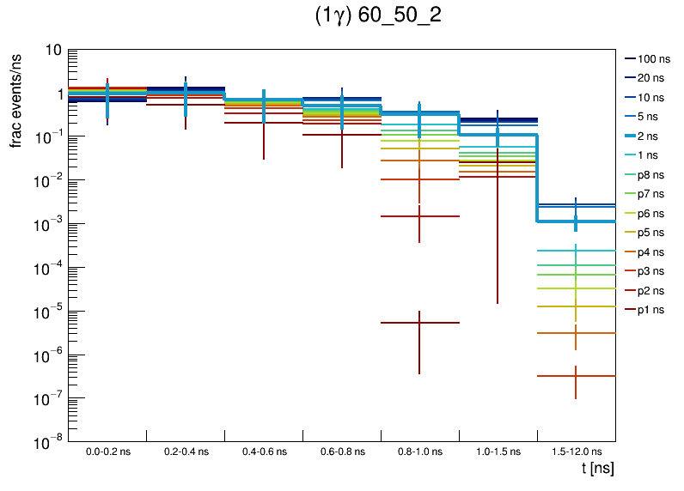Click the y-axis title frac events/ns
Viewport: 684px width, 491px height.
[16, 99]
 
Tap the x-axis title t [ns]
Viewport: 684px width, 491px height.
[596, 469]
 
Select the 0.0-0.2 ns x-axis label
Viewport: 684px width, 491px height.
[107, 452]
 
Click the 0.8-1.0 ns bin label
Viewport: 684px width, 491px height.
[419, 452]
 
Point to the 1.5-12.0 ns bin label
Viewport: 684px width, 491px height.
[576, 452]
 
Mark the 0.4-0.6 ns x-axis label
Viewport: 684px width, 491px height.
[263, 452]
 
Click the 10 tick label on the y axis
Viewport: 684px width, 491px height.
[53, 50]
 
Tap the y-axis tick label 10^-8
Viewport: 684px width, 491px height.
[47, 442]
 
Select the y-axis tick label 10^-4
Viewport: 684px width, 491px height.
[47, 268]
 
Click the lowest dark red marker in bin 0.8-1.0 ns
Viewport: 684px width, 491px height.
[419, 323]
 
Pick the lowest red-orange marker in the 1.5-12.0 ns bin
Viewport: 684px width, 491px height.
[576, 376]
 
